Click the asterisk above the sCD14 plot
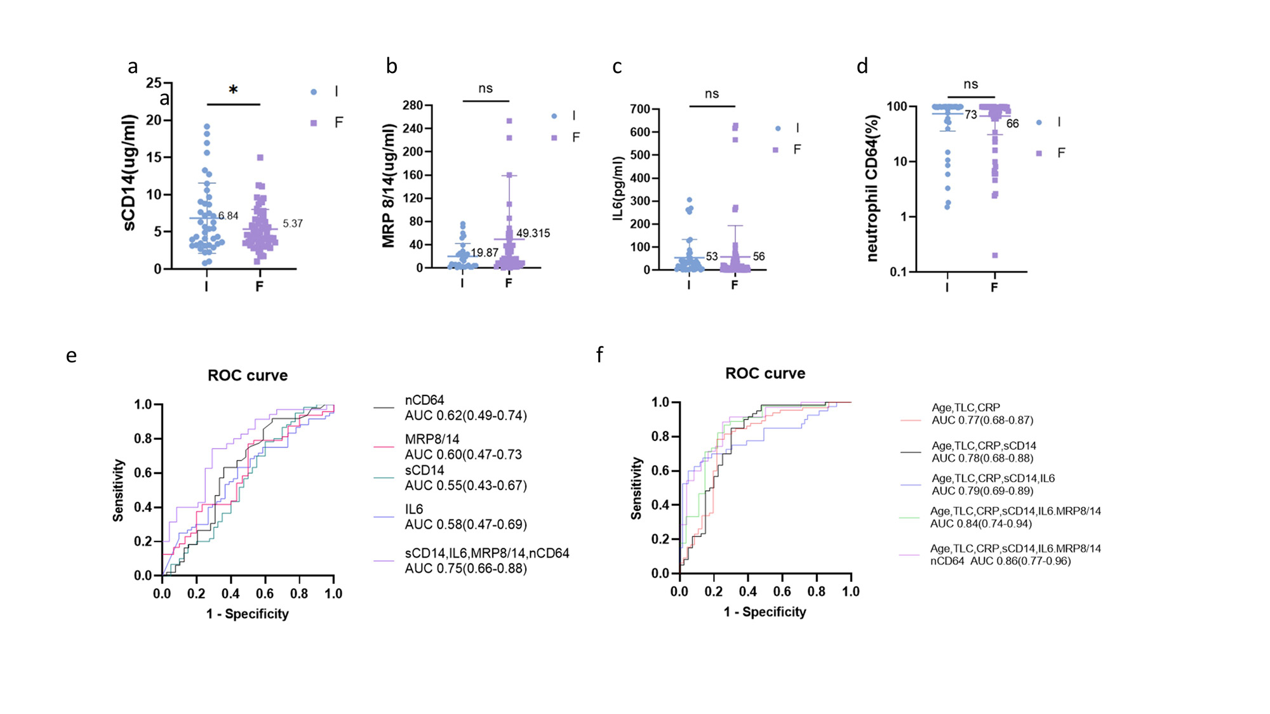click(x=233, y=90)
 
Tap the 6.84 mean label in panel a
click(x=228, y=216)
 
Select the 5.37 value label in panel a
click(x=293, y=223)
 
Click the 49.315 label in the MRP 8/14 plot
click(x=533, y=233)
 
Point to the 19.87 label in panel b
click(x=485, y=253)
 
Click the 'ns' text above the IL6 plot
click(x=712, y=94)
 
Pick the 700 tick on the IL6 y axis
click(x=639, y=109)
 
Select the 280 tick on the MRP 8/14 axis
click(x=413, y=105)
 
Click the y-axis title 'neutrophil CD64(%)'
click(x=872, y=188)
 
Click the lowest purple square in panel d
click(x=995, y=255)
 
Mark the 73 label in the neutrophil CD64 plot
click(x=970, y=115)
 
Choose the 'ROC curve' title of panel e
click(x=248, y=375)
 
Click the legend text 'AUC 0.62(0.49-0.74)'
click(x=465, y=416)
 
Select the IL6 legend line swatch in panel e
click(x=384, y=517)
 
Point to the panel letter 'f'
click(x=599, y=355)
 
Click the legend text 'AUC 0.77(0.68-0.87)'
click(x=982, y=420)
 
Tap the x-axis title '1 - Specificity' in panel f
click(x=765, y=612)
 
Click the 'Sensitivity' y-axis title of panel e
click(x=118, y=490)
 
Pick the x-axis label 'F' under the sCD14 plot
click(x=259, y=286)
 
